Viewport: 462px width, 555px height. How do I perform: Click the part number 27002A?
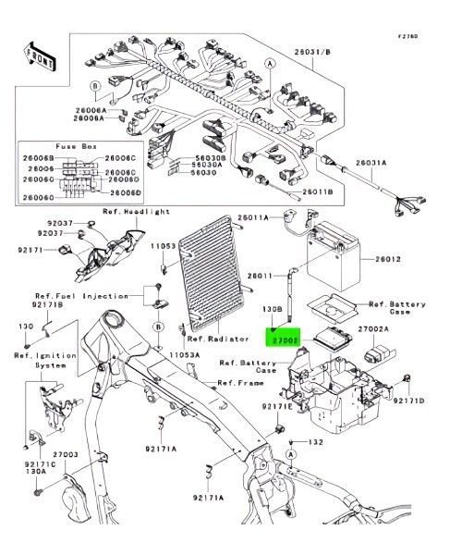[x=372, y=327]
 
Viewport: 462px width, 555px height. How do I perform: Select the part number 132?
[x=316, y=443]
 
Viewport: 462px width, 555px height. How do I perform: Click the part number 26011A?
[x=254, y=216]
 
